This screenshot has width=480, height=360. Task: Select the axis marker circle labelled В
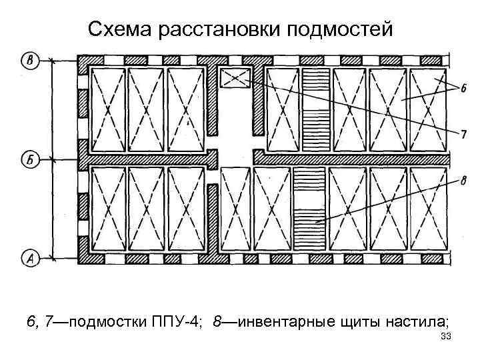point(31,61)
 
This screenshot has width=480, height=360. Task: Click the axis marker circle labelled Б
point(31,159)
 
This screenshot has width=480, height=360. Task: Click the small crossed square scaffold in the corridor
point(235,79)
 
